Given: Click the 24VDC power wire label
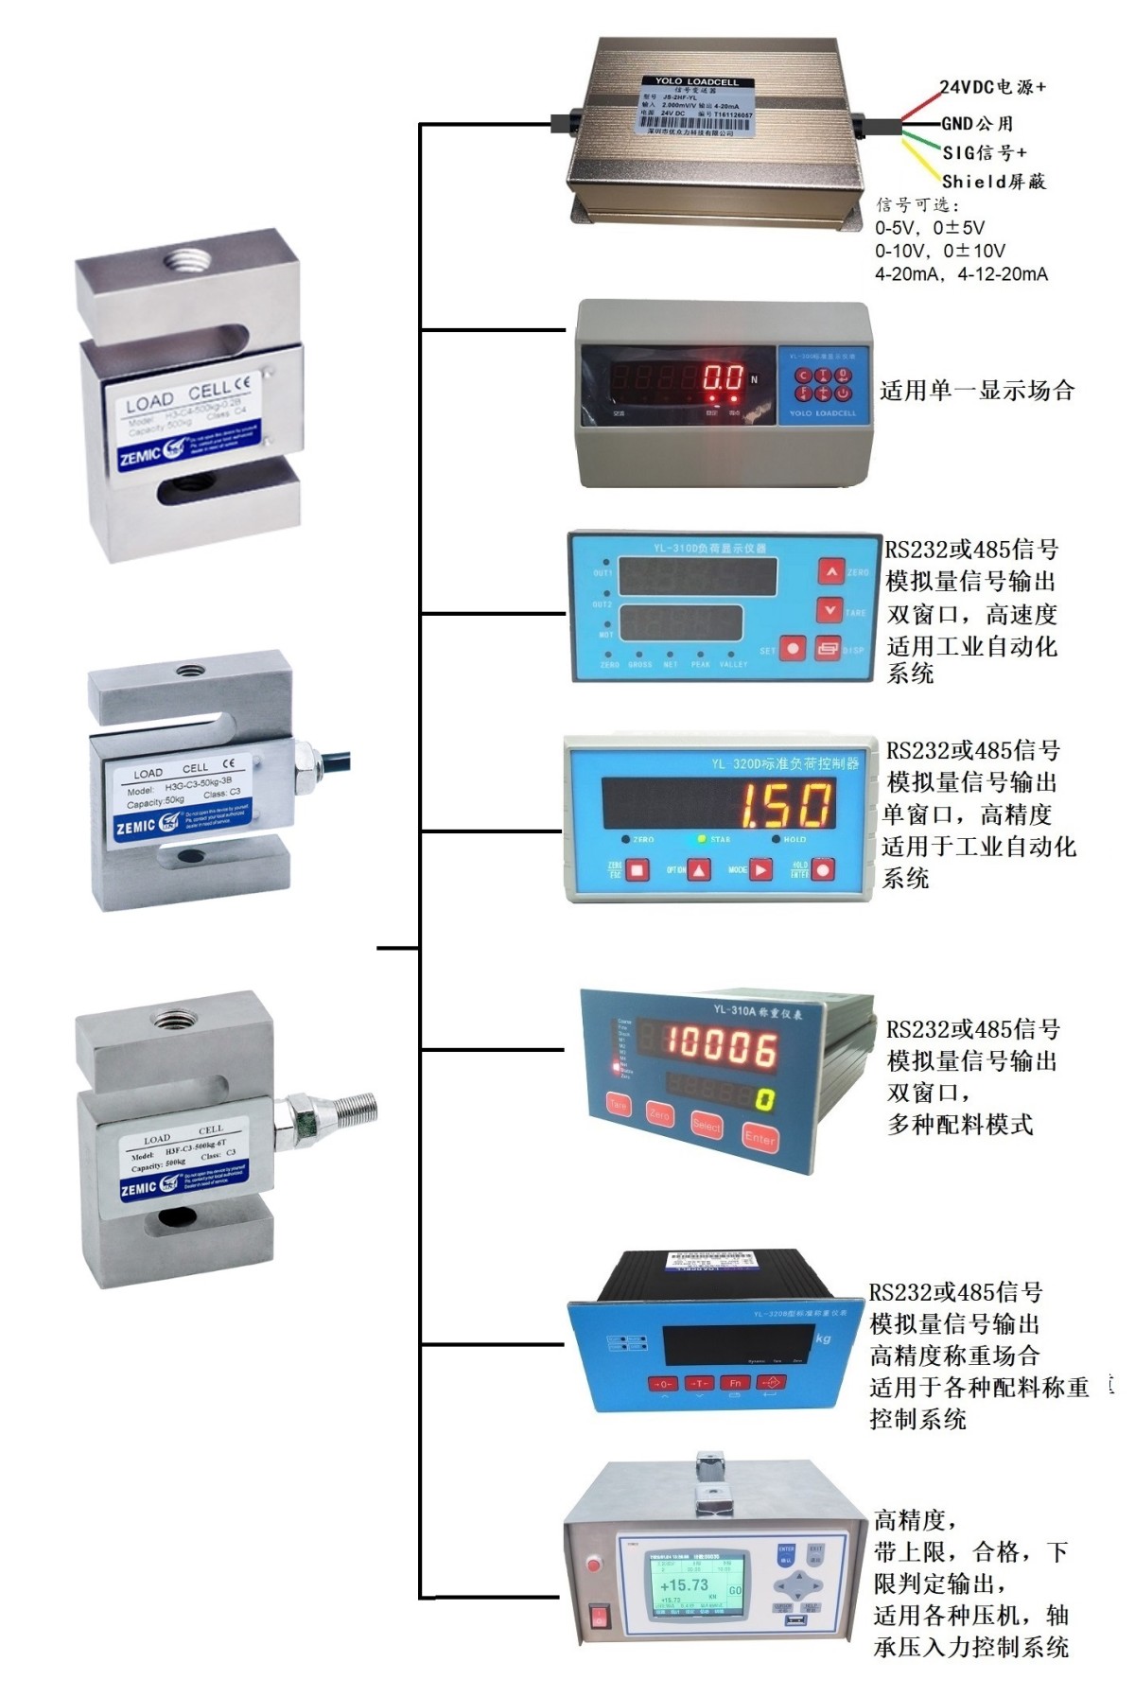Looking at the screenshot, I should [992, 87].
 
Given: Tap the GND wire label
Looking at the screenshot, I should [977, 123].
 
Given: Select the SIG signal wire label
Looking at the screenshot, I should [985, 152].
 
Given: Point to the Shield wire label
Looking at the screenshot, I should [994, 182].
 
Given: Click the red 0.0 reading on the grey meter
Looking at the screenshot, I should [724, 378].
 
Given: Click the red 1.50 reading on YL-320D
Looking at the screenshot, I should [786, 806].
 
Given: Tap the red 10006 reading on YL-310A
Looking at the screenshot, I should [722, 1046].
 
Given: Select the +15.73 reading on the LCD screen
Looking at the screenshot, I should [684, 1585].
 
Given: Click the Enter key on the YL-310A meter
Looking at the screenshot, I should [760, 1137].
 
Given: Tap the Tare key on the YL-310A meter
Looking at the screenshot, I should [618, 1104].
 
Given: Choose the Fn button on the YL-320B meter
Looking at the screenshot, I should [735, 1383].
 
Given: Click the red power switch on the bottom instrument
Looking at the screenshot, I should [599, 1616].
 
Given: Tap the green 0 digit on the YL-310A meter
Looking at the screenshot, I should [764, 1099].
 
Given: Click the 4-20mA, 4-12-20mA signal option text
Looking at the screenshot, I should [961, 274].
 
